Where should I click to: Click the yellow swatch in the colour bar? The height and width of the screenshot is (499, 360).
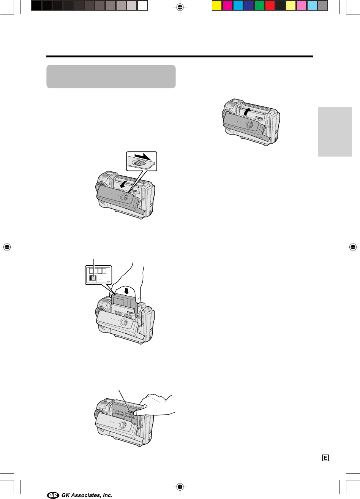point(216,6)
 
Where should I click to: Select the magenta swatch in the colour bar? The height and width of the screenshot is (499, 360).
point(227,6)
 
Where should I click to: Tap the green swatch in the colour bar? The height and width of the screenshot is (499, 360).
point(259,6)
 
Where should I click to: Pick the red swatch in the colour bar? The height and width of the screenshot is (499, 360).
point(270,6)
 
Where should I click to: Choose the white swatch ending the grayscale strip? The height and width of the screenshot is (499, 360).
point(142,6)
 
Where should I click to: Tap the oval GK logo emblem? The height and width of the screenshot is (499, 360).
point(53,495)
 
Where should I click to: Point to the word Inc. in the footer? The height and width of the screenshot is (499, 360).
point(107,495)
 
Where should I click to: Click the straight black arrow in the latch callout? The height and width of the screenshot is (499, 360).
point(143,157)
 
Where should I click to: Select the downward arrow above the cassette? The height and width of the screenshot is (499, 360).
point(127,291)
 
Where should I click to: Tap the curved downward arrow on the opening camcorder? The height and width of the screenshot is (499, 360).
point(123,184)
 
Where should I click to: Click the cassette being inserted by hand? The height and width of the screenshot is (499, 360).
point(125,303)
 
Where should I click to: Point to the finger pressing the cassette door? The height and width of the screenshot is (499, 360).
point(140,413)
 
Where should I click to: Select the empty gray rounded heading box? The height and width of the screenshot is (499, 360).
point(111,76)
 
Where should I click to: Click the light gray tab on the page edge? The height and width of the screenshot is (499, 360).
point(335,132)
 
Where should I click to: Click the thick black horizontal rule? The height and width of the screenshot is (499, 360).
point(180,57)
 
